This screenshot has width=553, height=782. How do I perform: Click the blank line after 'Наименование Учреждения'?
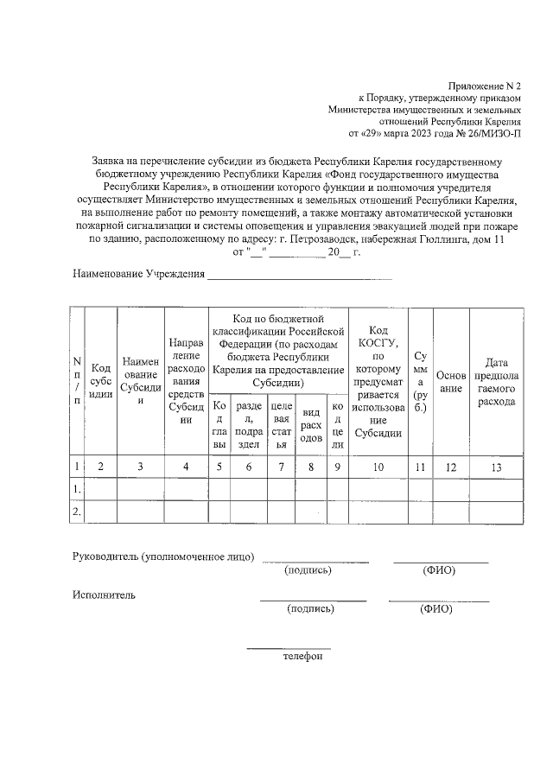299,277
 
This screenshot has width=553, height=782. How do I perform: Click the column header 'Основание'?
450,381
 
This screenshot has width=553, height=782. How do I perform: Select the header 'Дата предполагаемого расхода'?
495,381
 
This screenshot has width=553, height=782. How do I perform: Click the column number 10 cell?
378,467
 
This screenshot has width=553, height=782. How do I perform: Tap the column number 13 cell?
495,467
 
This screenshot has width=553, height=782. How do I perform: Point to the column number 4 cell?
186,467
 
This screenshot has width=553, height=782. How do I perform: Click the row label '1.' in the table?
78,490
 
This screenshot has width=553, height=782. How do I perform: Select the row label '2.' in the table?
78,512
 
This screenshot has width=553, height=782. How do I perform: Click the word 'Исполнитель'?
104,595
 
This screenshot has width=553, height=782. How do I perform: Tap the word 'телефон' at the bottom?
302,657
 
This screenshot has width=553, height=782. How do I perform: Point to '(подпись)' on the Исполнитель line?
310,609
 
